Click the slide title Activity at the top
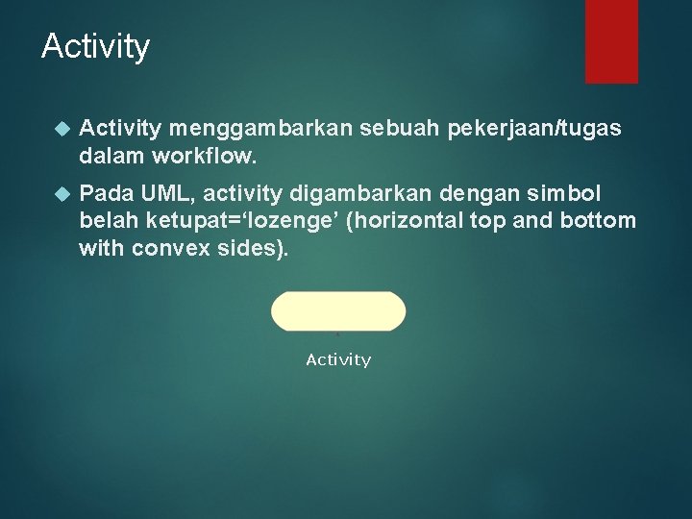[x=95, y=46]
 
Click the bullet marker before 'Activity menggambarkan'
[x=63, y=128]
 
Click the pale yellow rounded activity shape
[x=338, y=311]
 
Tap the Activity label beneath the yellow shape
[x=338, y=359]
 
